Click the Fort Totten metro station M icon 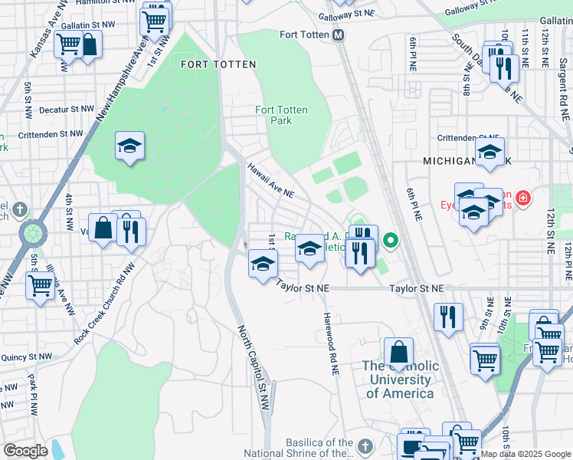tap(339, 35)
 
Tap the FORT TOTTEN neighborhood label tap(218, 64)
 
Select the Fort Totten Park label tap(282, 116)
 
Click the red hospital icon tap(523, 199)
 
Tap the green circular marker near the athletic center tap(391, 242)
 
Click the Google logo tap(25, 450)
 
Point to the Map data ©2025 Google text tap(526, 454)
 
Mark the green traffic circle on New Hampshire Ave tap(33, 231)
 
